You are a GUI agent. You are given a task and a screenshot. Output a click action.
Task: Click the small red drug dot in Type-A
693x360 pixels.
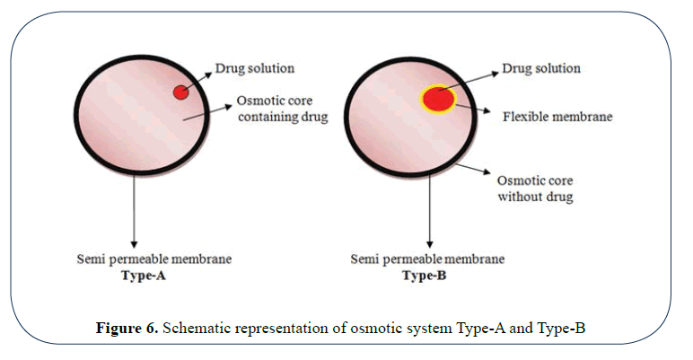(x=180, y=92)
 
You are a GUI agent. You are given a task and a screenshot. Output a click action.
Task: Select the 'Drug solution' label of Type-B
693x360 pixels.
(x=541, y=68)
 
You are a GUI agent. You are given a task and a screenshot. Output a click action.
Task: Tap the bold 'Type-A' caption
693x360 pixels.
(x=145, y=277)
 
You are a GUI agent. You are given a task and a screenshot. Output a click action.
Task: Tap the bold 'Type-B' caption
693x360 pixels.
(x=428, y=277)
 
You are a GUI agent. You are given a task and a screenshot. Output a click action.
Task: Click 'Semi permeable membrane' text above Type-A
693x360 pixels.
(x=154, y=259)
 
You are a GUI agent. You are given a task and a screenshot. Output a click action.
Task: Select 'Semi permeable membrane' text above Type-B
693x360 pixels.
(x=426, y=259)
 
